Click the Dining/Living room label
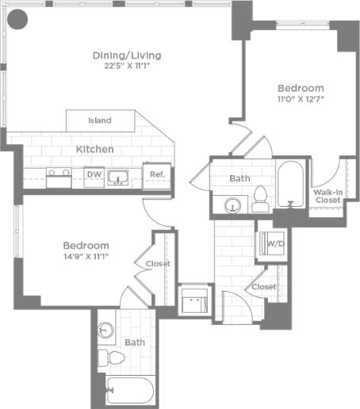click(127, 55)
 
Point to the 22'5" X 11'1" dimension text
click(127, 67)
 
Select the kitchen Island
click(99, 120)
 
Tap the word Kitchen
click(94, 149)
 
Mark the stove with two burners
click(58, 175)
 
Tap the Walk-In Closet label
click(327, 196)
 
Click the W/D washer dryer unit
click(274, 243)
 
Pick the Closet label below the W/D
click(264, 286)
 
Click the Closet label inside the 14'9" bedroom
click(157, 264)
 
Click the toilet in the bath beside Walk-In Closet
click(261, 199)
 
